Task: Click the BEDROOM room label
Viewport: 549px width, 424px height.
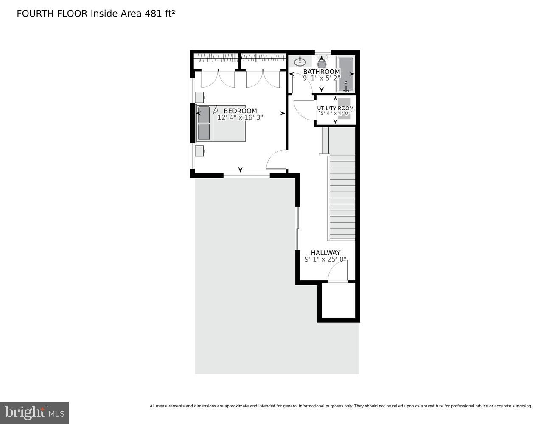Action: point(240,111)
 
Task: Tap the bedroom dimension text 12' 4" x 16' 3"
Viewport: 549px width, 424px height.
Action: point(240,117)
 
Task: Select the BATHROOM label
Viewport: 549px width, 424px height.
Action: point(322,72)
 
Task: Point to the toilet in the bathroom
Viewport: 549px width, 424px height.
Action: point(322,63)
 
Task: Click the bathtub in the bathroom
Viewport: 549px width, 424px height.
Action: point(346,74)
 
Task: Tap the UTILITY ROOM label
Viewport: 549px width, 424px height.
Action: point(336,108)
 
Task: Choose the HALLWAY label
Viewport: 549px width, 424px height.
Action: point(325,253)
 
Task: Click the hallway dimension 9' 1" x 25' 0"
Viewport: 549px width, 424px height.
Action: point(325,259)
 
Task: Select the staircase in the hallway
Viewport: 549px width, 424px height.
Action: point(342,197)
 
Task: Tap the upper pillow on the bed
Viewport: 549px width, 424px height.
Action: point(204,114)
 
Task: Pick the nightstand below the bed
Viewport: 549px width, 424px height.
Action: point(199,151)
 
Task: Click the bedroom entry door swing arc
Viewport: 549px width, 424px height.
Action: point(276,160)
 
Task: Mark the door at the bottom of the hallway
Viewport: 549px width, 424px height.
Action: point(338,271)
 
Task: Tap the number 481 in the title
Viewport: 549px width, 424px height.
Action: point(153,14)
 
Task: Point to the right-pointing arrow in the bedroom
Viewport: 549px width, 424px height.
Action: point(282,113)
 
